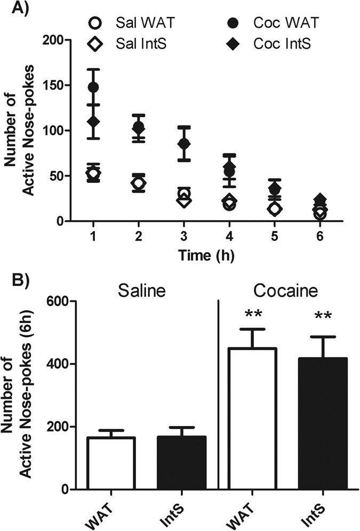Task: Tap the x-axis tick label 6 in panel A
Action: (x=320, y=236)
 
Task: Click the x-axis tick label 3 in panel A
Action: (x=184, y=236)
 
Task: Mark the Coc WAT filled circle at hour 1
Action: (x=94, y=87)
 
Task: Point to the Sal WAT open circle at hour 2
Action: (x=139, y=183)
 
